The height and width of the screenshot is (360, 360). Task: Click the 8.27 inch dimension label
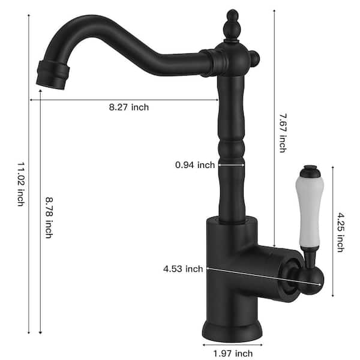tap(128, 107)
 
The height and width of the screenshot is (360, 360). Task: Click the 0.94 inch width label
tap(195, 165)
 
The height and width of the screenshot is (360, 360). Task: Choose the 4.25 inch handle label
tap(340, 232)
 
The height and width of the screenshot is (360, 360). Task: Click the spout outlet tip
tap(52, 74)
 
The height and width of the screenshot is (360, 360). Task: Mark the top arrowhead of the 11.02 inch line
tap(29, 16)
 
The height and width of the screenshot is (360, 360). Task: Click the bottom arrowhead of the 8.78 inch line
tap(40, 332)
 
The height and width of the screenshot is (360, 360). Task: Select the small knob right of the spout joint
tap(255, 59)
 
